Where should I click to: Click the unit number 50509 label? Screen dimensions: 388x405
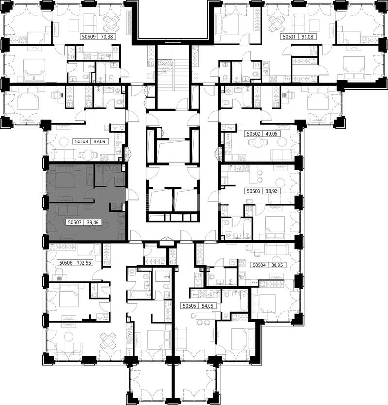coord(89,37)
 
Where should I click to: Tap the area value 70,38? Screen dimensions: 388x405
coord(107,37)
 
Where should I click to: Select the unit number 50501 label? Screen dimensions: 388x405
coord(289,37)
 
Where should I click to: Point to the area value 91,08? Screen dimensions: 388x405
coord(307,37)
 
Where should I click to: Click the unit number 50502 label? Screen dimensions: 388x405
coord(254,134)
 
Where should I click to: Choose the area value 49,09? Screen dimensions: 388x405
coord(99,141)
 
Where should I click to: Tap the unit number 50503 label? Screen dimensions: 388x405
coord(254,191)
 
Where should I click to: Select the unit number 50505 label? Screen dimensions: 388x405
coord(189,306)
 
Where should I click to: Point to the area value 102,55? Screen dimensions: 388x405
coord(84,263)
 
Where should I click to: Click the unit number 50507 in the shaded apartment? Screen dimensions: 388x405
coord(75,222)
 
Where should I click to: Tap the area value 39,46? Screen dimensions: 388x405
coord(93,222)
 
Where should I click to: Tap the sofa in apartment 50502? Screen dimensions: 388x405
coord(283,155)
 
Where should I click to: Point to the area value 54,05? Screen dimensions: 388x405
coord(208,306)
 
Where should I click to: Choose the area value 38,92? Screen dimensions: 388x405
coord(271,191)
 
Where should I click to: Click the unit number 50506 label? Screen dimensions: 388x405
coord(65,263)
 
